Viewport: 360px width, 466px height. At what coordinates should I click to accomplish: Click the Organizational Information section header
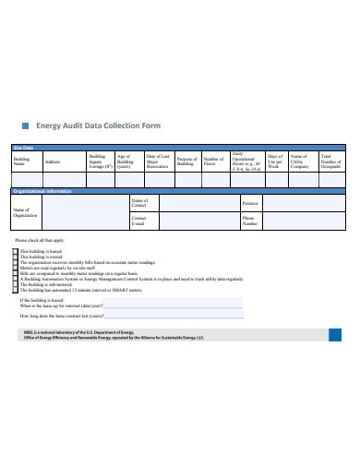(46, 192)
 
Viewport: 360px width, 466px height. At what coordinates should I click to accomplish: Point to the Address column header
(53, 161)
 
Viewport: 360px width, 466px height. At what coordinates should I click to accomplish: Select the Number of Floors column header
(213, 161)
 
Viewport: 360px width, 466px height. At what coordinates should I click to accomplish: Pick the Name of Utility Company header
(299, 161)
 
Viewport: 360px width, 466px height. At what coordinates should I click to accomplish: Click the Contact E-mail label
(139, 221)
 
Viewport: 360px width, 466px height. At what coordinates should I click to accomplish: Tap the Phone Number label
(250, 221)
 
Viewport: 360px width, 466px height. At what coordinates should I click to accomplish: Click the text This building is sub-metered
(45, 284)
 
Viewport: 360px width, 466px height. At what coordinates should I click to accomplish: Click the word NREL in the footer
(30, 332)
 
